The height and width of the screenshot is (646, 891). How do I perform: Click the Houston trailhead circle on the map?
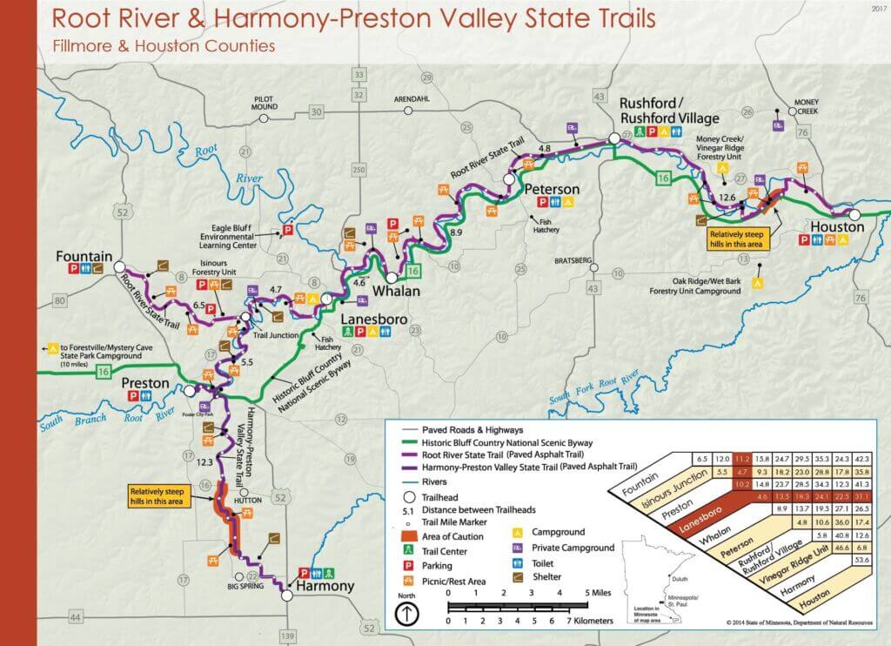coord(855,213)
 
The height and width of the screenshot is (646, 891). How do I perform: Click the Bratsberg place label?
coord(573,260)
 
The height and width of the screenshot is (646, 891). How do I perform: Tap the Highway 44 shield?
coord(51,617)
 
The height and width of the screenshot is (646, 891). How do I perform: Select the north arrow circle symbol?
coord(405,613)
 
